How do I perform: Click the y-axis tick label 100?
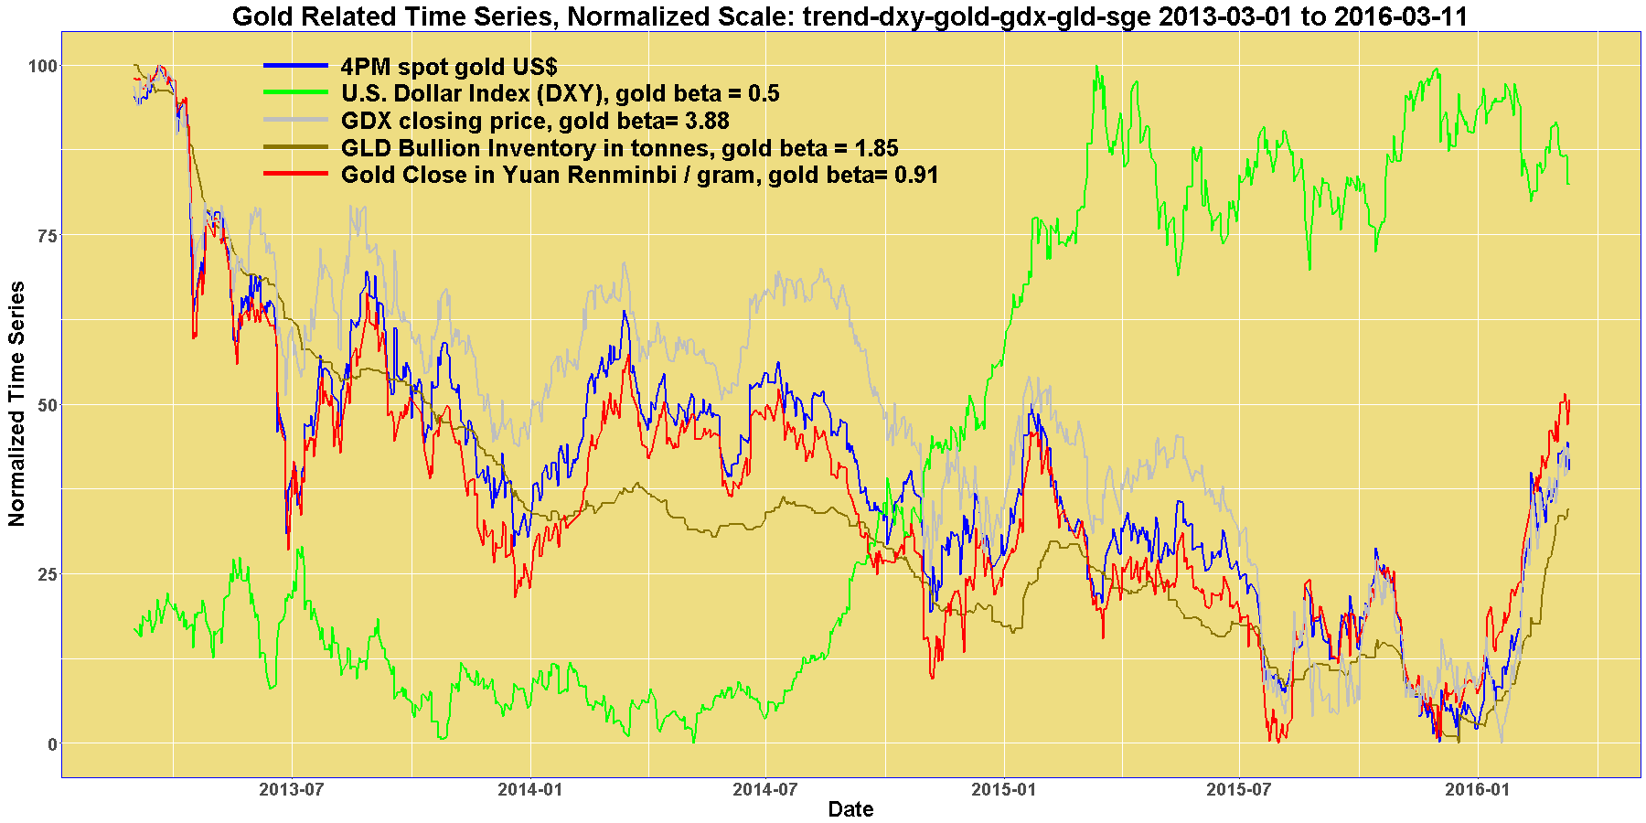click(43, 66)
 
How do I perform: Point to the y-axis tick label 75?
click(47, 235)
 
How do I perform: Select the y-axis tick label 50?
click(47, 404)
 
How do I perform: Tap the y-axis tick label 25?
click(47, 574)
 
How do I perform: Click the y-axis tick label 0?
click(51, 743)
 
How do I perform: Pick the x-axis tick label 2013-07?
click(292, 790)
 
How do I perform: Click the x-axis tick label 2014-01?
click(529, 790)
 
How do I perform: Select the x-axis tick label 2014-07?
click(764, 790)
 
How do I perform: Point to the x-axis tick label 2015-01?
click(1003, 790)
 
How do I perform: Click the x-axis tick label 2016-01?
click(1477, 790)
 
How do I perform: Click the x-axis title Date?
click(850, 809)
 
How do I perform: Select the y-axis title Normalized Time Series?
click(16, 403)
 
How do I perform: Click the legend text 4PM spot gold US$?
click(448, 67)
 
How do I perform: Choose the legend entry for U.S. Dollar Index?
click(560, 93)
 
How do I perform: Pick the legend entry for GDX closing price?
click(535, 121)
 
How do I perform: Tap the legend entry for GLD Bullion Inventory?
click(619, 148)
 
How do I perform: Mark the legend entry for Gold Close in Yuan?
click(639, 175)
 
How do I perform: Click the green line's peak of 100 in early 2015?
click(1096, 67)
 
